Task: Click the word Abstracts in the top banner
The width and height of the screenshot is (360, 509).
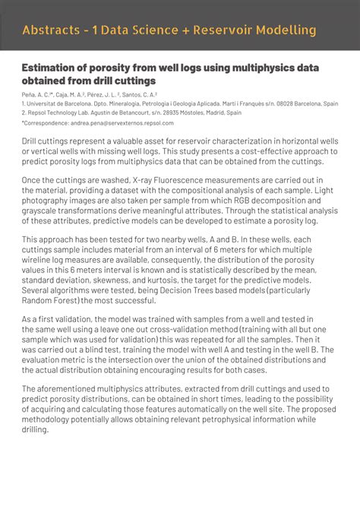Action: point(52,30)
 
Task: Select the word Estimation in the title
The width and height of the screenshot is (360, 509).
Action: point(52,68)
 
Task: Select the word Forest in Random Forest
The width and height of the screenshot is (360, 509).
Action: point(74,300)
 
